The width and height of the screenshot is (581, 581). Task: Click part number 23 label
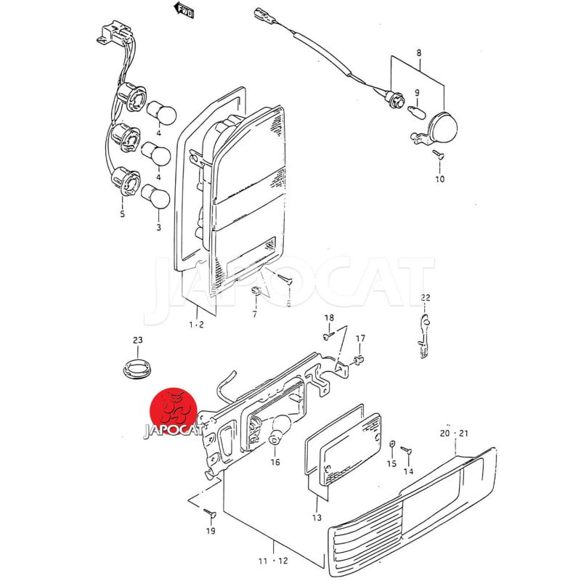[x=137, y=340]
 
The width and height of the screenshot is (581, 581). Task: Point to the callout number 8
[x=418, y=52]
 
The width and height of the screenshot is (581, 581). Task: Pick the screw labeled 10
[x=437, y=154]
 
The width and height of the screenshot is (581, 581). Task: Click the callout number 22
[x=425, y=297]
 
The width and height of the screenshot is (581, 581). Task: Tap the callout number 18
[x=329, y=318]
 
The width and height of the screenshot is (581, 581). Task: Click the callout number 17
[x=360, y=338]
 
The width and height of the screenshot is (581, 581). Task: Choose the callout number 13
[x=316, y=518]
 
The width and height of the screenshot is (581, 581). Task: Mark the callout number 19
[x=210, y=531]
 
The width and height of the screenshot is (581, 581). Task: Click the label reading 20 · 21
[x=455, y=433]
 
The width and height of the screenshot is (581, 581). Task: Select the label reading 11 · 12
[x=273, y=561]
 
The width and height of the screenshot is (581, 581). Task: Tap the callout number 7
[x=255, y=314]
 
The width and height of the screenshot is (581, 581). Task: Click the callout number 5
[x=122, y=214]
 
